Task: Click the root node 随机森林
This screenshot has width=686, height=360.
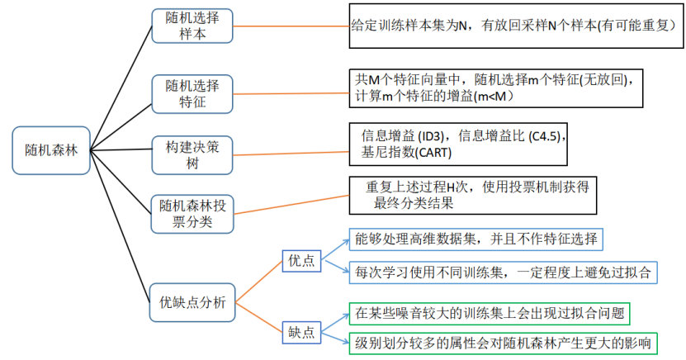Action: coord(51,150)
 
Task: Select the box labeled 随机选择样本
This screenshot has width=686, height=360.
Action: coord(192,26)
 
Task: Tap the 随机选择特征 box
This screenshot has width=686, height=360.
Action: coord(192,94)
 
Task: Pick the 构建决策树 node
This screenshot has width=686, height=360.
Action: coord(192,155)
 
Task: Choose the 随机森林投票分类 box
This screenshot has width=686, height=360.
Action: coord(192,214)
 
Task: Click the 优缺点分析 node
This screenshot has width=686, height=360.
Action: coord(192,302)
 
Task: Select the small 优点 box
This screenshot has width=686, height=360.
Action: coord(301,261)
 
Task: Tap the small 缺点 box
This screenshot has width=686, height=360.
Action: coord(301,333)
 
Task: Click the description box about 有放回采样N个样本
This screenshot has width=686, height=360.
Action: coord(516,26)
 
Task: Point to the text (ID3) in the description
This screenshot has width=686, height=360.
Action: coord(430,136)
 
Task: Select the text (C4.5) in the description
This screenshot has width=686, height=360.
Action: coord(545,136)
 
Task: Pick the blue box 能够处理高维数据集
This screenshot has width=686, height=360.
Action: coord(476,239)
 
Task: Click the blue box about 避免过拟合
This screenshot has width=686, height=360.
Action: coord(503,272)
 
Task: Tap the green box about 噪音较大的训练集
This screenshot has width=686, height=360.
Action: coord(490,314)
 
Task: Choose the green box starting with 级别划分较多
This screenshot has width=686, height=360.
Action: coord(503,343)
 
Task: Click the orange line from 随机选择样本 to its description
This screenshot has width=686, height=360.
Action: coord(291,26)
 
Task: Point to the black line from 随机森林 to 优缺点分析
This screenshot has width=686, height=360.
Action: coord(120,226)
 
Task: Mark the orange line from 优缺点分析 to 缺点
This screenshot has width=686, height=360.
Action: coord(259,318)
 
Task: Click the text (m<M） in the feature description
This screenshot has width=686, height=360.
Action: coord(494,97)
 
